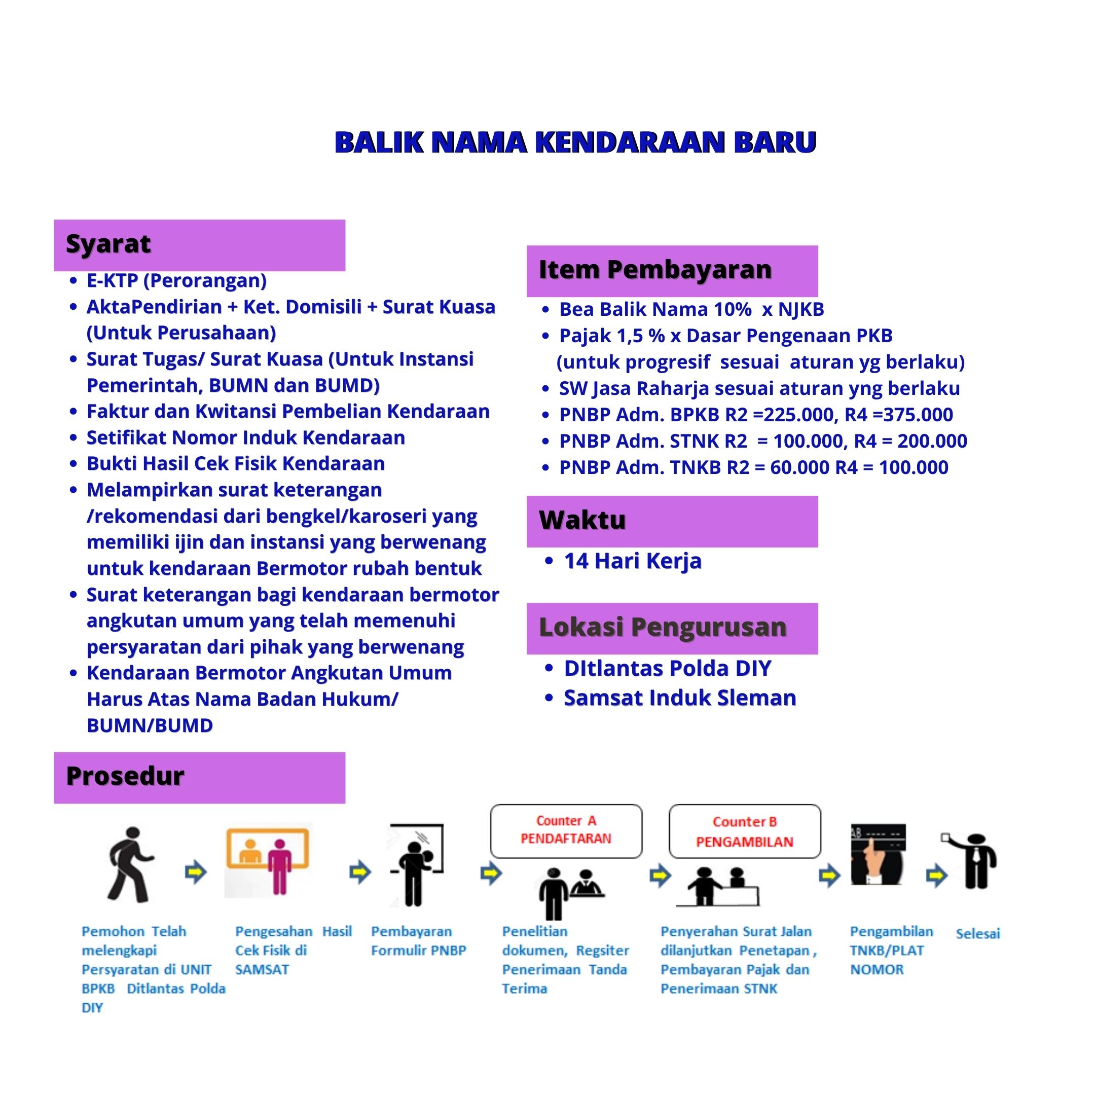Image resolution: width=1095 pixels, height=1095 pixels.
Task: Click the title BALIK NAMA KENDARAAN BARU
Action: click(575, 142)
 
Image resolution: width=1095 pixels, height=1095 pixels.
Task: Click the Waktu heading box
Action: click(672, 521)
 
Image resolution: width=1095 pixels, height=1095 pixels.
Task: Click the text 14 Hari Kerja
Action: click(633, 561)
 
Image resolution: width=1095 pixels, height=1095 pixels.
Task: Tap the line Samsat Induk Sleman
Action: click(679, 698)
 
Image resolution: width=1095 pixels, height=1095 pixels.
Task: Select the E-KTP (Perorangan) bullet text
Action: click(176, 280)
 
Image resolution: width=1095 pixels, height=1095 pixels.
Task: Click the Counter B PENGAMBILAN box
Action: click(744, 831)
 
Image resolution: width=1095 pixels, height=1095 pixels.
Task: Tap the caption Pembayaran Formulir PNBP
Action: click(418, 941)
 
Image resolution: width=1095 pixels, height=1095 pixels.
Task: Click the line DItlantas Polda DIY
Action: click(667, 669)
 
